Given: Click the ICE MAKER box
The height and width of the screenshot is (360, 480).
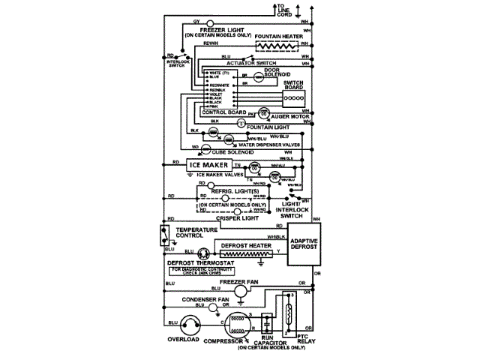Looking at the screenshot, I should pyautogui.click(x=207, y=164).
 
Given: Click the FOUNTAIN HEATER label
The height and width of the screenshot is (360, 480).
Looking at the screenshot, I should pyautogui.click(x=278, y=35).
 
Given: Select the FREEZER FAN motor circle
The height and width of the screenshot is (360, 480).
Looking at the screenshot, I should pyautogui.click(x=240, y=291).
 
